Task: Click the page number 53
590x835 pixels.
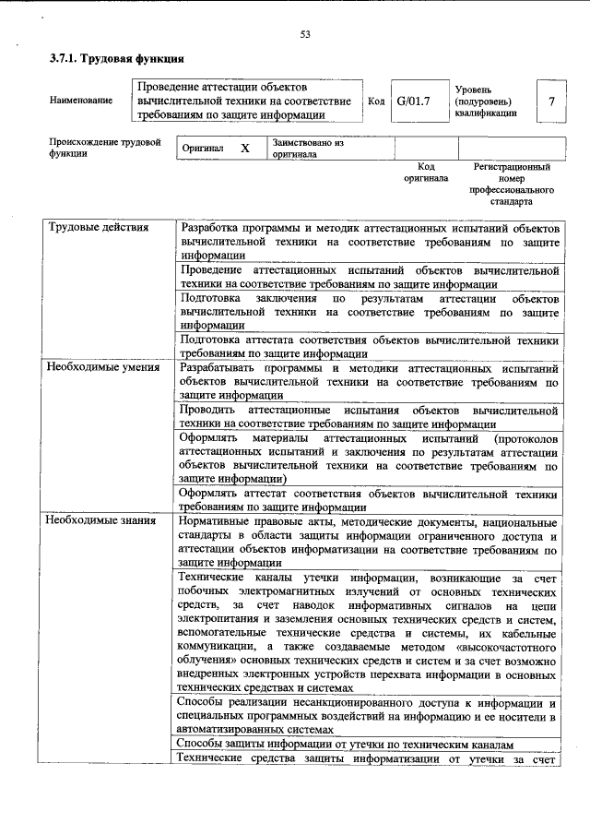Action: coord(304,35)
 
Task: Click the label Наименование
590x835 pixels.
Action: coord(80,101)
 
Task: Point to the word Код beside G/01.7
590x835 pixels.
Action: coord(375,101)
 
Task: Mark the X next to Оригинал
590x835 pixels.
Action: coord(244,149)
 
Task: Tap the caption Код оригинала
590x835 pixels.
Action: coord(425,173)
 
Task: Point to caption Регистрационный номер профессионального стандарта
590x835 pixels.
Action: coord(511,184)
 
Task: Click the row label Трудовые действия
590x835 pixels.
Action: coord(92,227)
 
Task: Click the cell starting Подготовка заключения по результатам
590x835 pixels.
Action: coord(370,312)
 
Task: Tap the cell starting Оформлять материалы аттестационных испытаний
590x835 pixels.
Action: coord(370,457)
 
